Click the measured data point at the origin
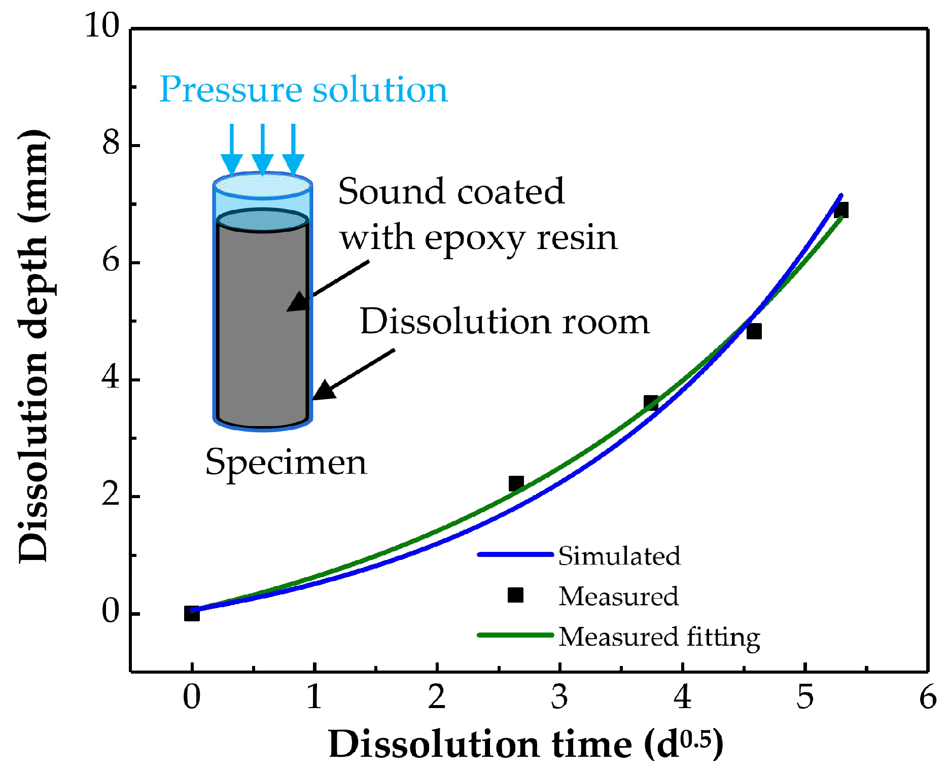(192, 613)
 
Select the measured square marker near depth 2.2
(516, 483)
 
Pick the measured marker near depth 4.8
(754, 331)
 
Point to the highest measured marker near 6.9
(841, 210)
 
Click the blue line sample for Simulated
(515, 554)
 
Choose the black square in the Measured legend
(515, 595)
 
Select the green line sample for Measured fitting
(515, 635)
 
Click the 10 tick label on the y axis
(102, 25)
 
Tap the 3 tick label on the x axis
(559, 697)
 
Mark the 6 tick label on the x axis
(928, 697)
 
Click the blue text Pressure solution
(303, 90)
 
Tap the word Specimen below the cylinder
(286, 463)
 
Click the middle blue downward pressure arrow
(262, 150)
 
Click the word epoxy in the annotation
(474, 238)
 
